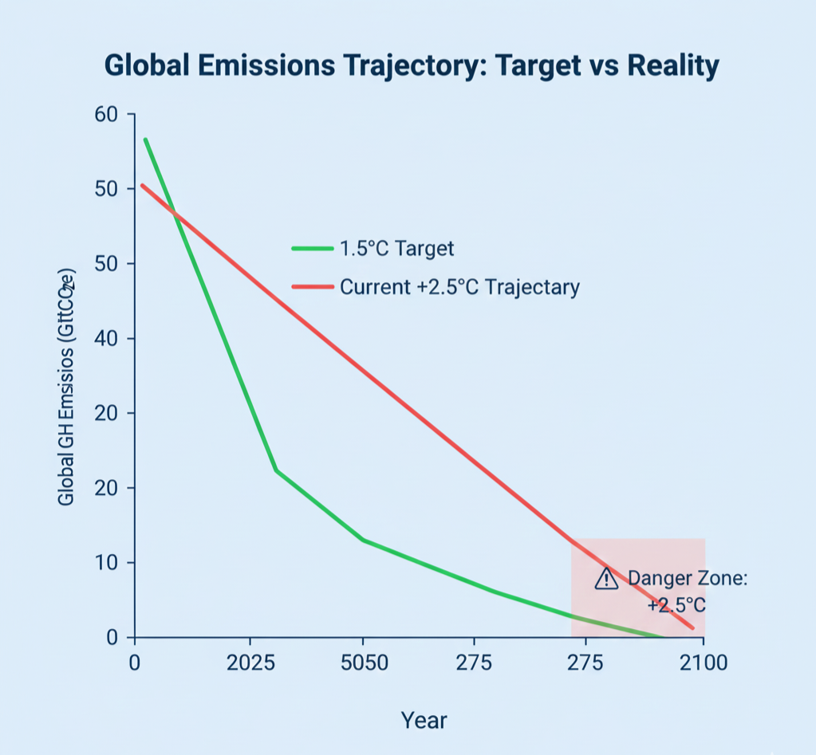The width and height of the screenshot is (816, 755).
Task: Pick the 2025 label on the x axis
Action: pos(250,663)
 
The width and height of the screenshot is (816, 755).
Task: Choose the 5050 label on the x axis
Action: pos(363,663)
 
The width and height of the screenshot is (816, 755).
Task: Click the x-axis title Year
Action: pos(424,721)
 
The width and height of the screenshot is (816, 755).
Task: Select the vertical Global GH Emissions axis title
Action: pos(67,382)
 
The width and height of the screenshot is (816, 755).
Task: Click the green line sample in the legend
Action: pos(312,249)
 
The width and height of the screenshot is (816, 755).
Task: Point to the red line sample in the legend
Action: pos(312,287)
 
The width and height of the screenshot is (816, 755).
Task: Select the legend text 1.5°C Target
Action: pos(396,249)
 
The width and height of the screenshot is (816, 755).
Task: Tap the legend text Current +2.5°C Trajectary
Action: pos(459,287)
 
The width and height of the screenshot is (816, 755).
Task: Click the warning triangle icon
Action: pos(607,579)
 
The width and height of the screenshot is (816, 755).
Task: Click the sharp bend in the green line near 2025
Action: pos(276,470)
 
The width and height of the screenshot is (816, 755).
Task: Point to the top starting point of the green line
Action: pos(145,140)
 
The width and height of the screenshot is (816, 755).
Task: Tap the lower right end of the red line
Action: pos(692,628)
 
